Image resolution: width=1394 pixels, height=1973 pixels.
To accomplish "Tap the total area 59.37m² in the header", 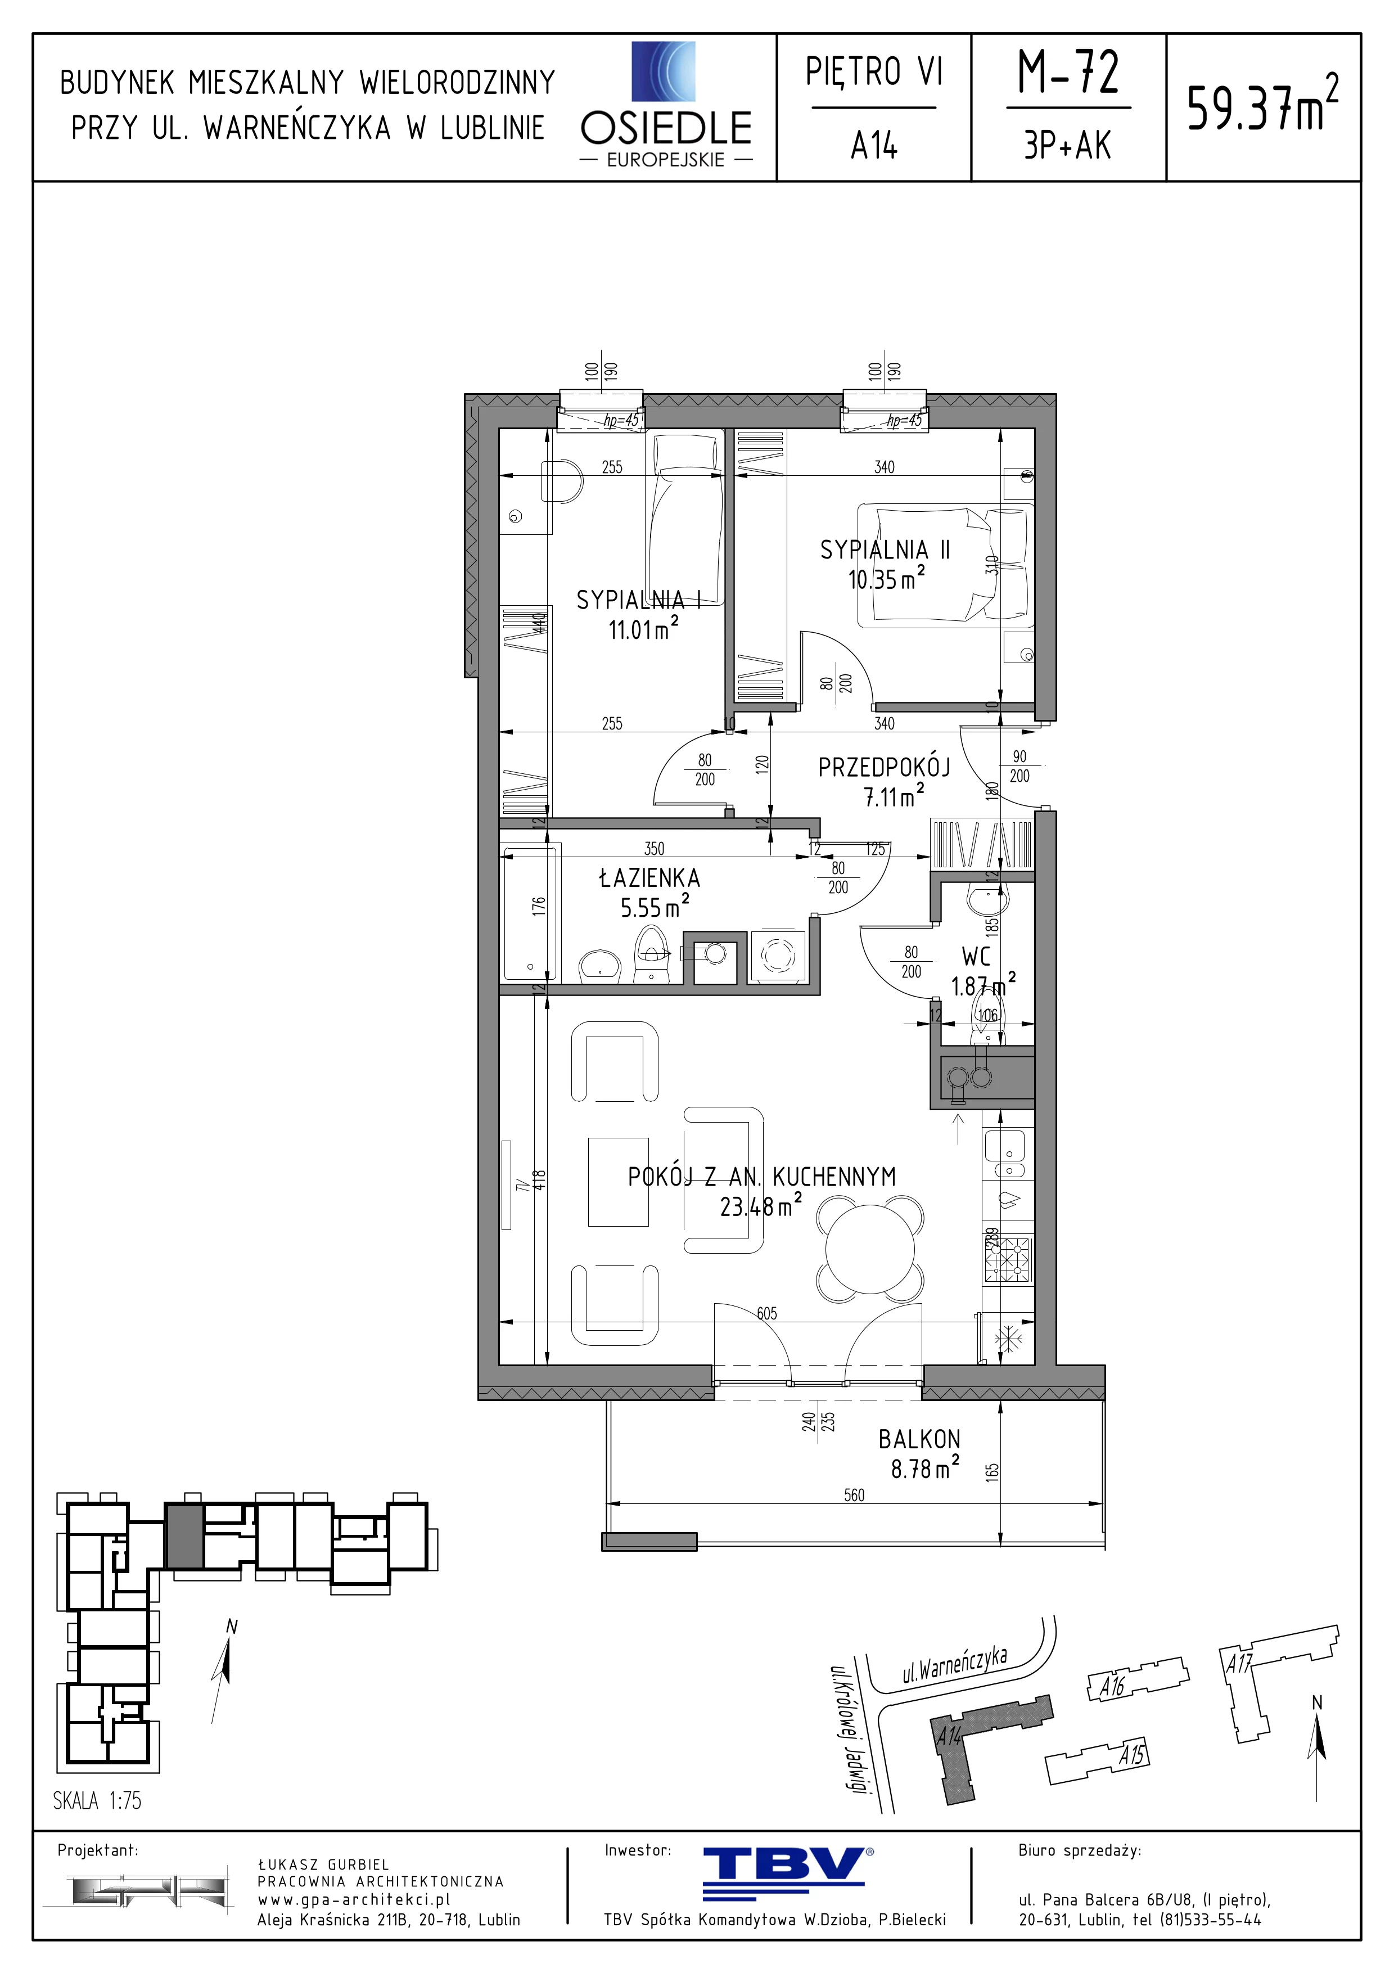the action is tap(1262, 105).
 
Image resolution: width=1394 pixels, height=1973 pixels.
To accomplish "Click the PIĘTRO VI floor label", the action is tap(873, 72).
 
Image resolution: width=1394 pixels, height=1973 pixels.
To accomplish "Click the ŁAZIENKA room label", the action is tap(649, 878).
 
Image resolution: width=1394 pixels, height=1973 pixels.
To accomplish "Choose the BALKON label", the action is tap(919, 1439).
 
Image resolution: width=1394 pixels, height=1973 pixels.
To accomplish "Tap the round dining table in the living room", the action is tap(870, 1250).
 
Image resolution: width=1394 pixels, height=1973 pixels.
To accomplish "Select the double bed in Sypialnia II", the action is tap(945, 563).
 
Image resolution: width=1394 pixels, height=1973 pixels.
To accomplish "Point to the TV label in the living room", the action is tap(521, 1185).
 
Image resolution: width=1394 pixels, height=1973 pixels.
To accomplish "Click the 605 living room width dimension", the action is tap(767, 1313).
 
